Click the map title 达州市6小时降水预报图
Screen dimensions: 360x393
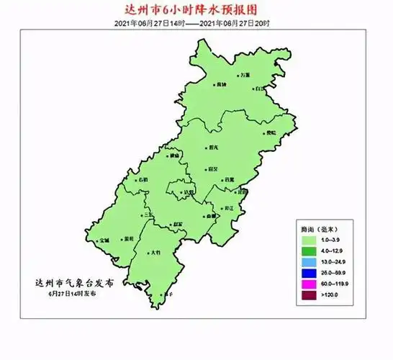pyautogui.click(x=197, y=11)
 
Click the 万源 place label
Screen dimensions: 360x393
pyautogui.click(x=245, y=75)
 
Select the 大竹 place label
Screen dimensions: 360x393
pyautogui.click(x=156, y=253)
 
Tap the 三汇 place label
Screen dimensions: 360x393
pyautogui.click(x=147, y=215)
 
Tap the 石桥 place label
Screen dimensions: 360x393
pyautogui.click(x=142, y=179)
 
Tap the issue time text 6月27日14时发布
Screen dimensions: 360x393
pyautogui.click(x=73, y=294)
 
